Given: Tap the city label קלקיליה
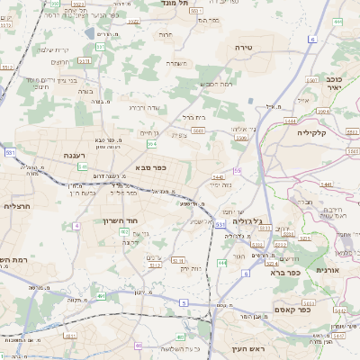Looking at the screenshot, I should coord(318,131).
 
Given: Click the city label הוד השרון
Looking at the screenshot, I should coord(144,220).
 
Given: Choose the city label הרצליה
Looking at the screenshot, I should coord(17,206).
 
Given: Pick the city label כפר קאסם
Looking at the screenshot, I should coord(314,302).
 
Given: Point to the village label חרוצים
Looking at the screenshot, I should coord(60,61).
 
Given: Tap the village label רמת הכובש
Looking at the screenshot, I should coord(216,83).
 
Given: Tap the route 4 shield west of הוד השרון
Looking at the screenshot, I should coord(77,225).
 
